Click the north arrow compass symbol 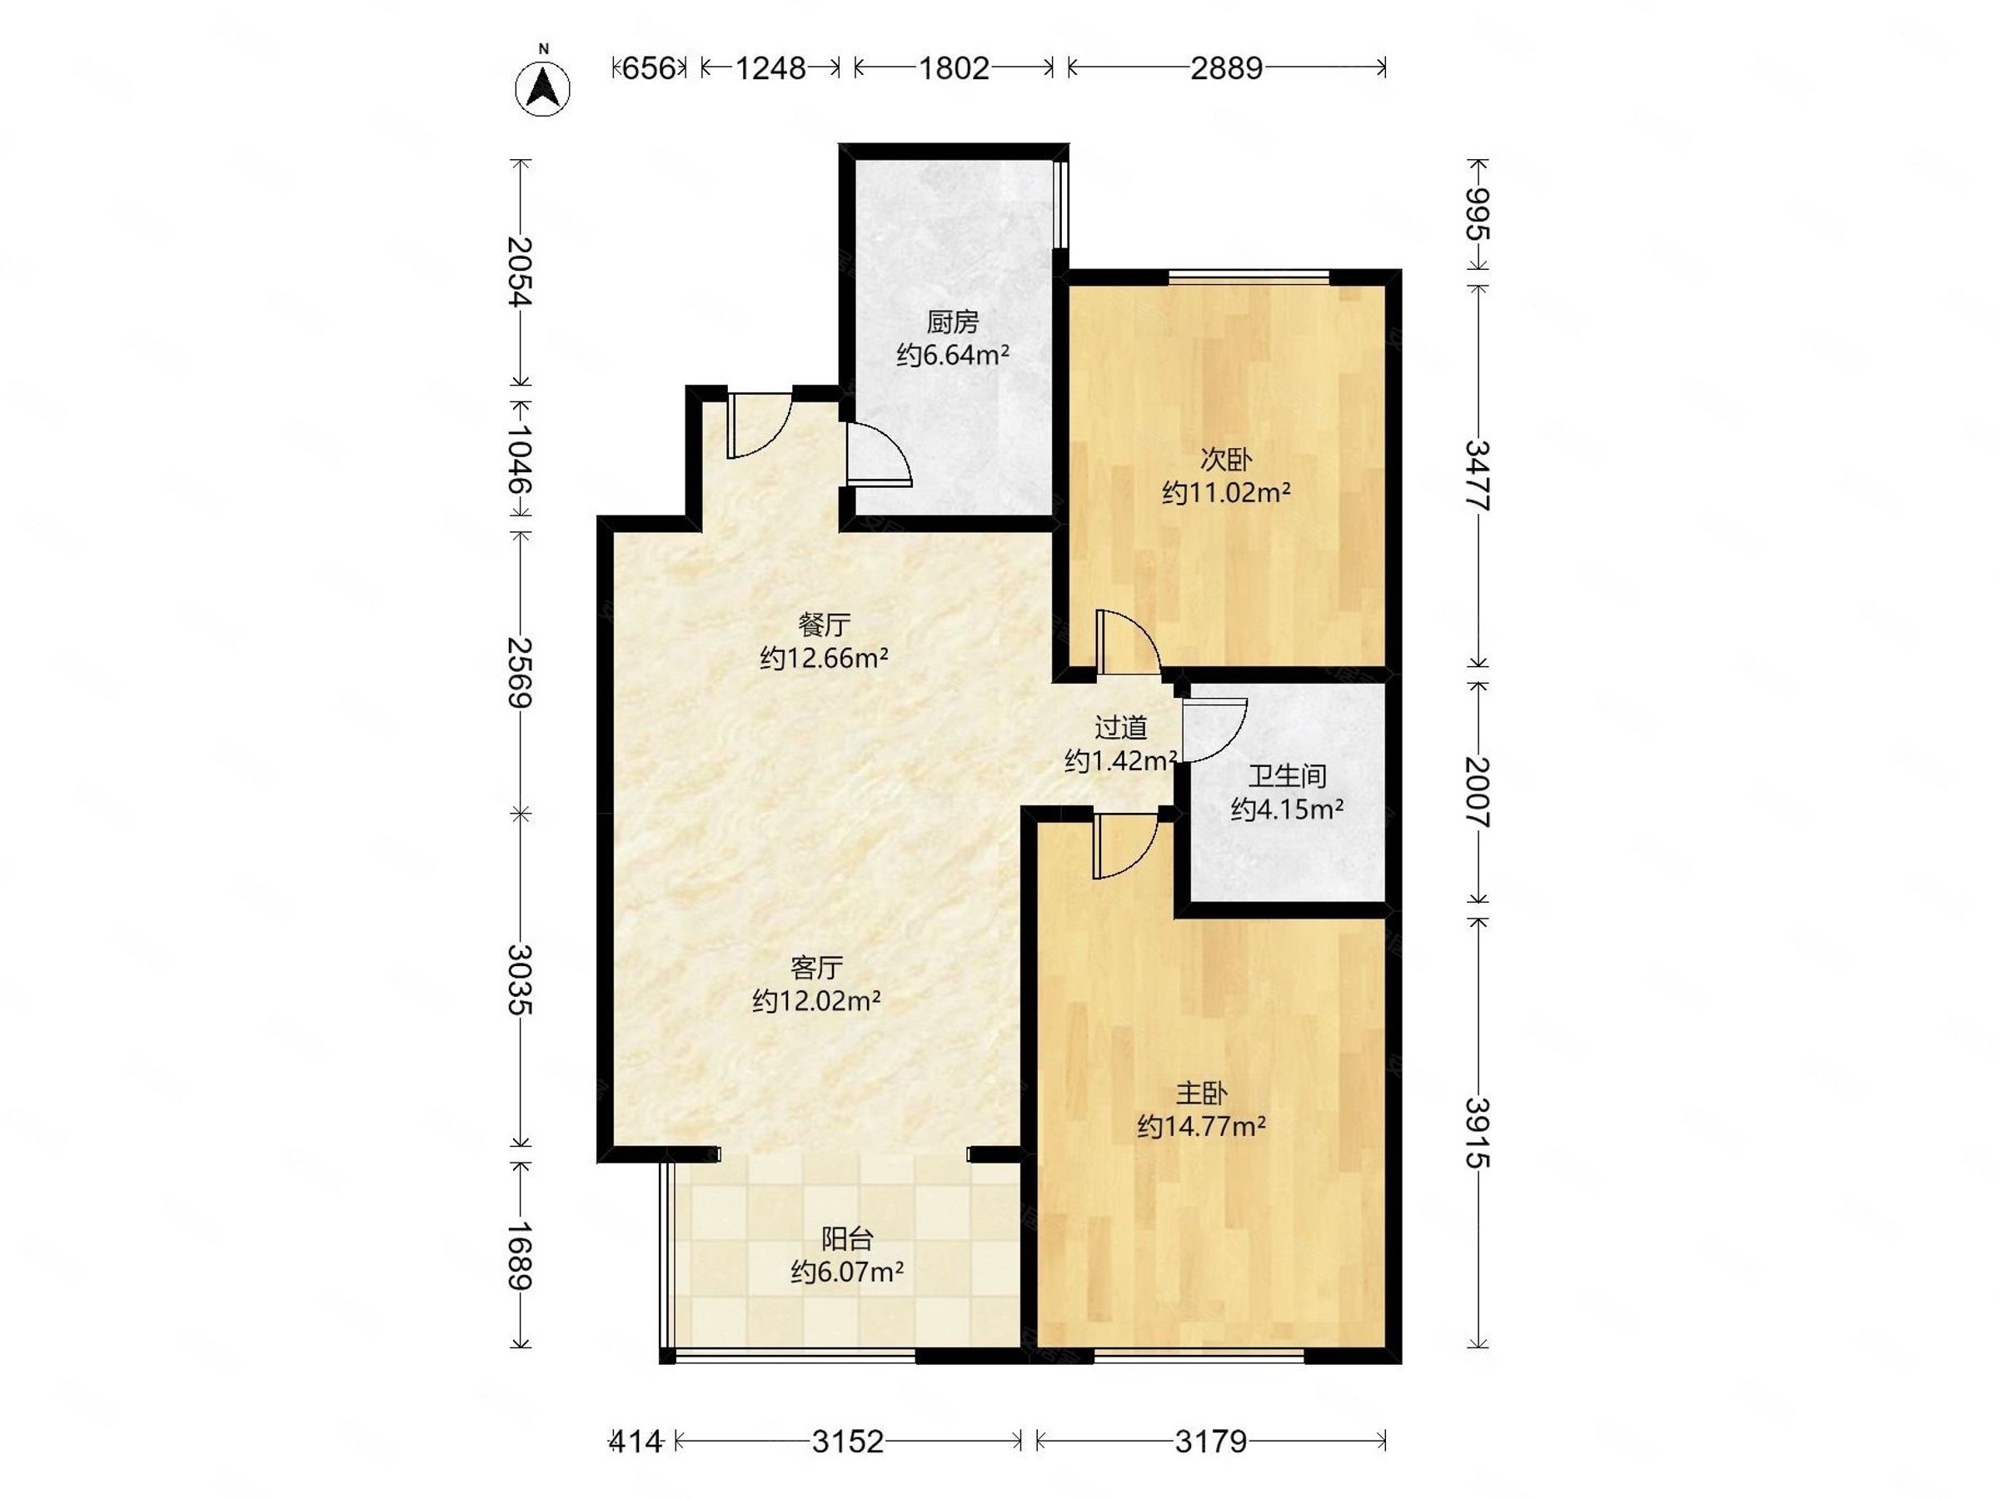542,88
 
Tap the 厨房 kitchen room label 953,321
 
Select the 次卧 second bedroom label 1225,459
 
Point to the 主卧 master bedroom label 1201,1093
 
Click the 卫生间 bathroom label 1287,775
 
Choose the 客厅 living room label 816,968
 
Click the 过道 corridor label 1120,727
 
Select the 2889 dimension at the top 1226,67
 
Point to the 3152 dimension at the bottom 848,1442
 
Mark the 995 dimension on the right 1478,214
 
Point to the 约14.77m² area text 1201,1127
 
